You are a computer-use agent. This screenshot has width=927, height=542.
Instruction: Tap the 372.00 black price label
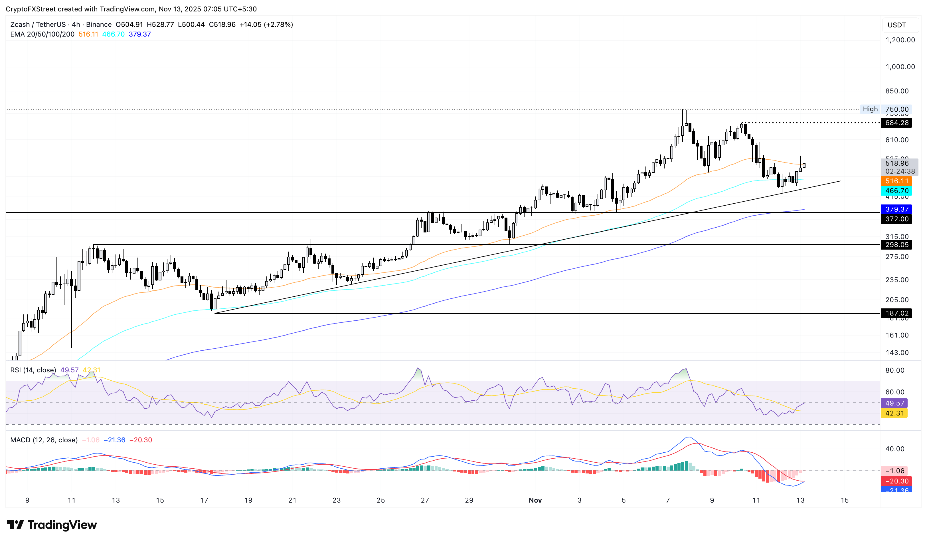[x=896, y=219]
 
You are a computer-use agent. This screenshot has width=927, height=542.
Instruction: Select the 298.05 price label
[x=896, y=245]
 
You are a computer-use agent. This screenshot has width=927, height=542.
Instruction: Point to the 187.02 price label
[x=896, y=313]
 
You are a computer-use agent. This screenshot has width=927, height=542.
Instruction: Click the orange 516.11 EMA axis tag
[x=896, y=181]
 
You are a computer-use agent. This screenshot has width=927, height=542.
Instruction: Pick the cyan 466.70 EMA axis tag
[x=896, y=191]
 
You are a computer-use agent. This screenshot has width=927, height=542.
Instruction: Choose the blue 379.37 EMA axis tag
[x=896, y=209]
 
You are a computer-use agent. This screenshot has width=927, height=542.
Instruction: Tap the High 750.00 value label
[x=896, y=109]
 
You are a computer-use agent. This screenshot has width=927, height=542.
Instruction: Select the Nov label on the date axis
[x=535, y=500]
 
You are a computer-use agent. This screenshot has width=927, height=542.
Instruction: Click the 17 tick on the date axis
[x=204, y=500]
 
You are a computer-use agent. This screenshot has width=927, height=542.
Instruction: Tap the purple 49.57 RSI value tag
[x=894, y=403]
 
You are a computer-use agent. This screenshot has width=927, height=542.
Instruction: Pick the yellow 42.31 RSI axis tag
[x=894, y=413]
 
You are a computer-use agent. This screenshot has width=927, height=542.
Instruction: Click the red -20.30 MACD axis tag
[x=896, y=481]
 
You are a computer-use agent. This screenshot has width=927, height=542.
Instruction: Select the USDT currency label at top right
[x=896, y=25]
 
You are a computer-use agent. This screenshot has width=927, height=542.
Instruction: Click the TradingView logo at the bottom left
[x=52, y=525]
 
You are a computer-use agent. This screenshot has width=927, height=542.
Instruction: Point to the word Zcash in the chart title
[x=20, y=25]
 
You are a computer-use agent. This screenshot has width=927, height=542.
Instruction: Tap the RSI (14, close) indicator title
[x=33, y=370]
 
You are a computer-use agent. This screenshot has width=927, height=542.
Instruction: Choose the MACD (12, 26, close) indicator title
[x=44, y=440]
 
